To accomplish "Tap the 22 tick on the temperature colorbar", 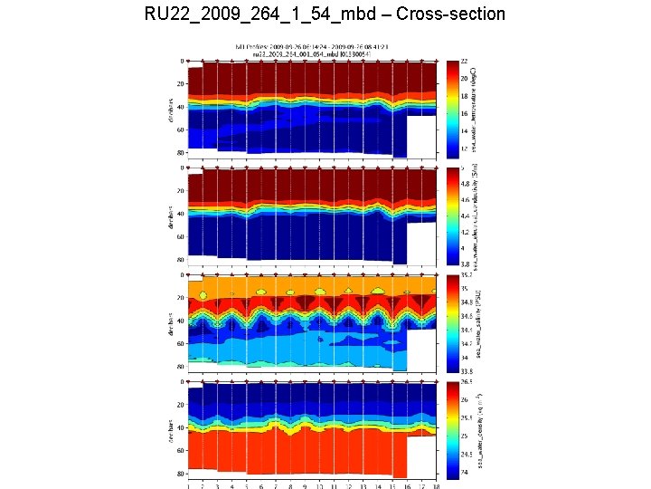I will pyautogui.click(x=465, y=62).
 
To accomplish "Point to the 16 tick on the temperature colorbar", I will pyautogui.click(x=465, y=114).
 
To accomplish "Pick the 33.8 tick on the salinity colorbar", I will pyautogui.click(x=467, y=370).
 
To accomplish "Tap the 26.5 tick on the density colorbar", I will pyautogui.click(x=467, y=382).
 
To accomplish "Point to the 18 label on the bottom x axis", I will pyautogui.click(x=436, y=485).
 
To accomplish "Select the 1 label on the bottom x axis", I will pyautogui.click(x=188, y=485).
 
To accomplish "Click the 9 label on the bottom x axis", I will pyautogui.click(x=305, y=485).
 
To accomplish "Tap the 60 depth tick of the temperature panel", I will pyautogui.click(x=181, y=130).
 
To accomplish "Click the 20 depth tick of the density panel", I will pyautogui.click(x=181, y=405).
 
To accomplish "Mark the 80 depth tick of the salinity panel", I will pyautogui.click(x=181, y=367).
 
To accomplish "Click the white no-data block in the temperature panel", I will pyautogui.click(x=421, y=136).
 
